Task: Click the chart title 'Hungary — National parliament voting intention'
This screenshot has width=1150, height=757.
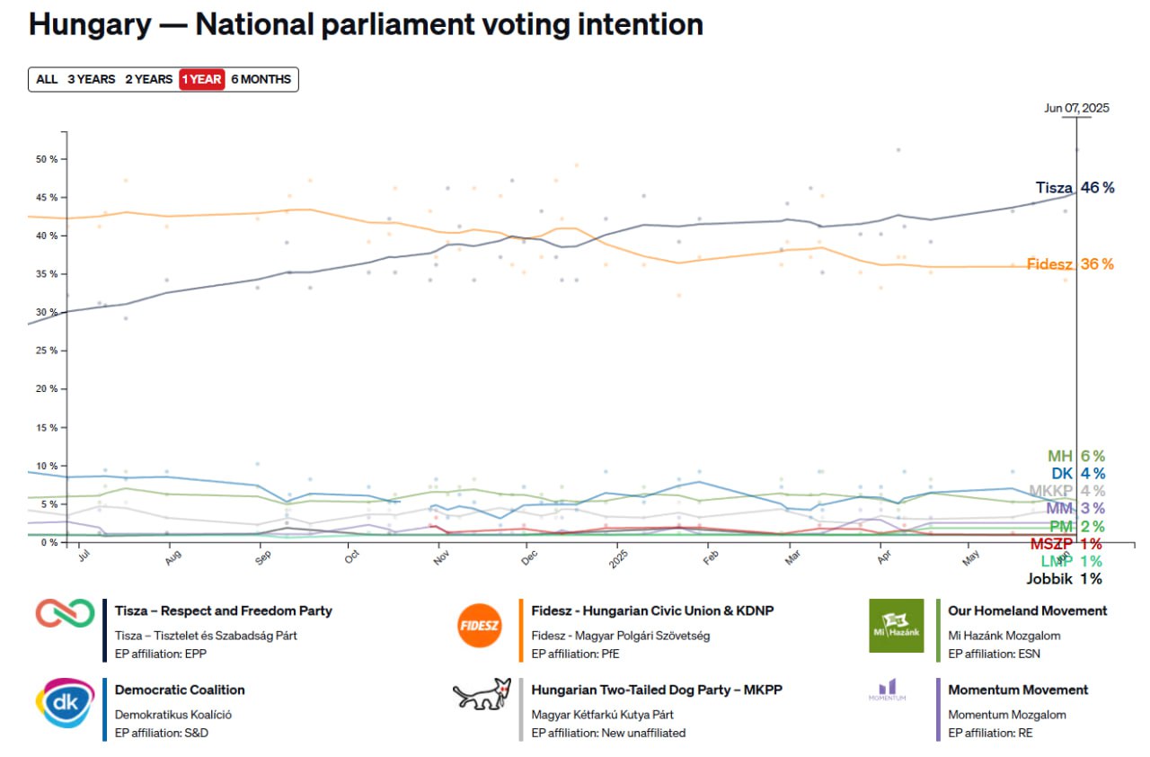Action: pyautogui.click(x=366, y=24)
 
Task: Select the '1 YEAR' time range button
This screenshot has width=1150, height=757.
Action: pyautogui.click(x=202, y=80)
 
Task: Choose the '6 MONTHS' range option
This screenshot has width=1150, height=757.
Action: pyautogui.click(x=261, y=80)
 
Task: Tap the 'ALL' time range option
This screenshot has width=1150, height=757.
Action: pyautogui.click(x=47, y=80)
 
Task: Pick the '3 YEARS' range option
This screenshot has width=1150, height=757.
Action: pyautogui.click(x=92, y=80)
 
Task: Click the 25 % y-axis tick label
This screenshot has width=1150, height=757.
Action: pyautogui.click(x=47, y=351)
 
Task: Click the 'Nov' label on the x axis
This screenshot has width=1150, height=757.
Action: pyautogui.click(x=441, y=557)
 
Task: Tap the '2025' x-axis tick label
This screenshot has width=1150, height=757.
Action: pyautogui.click(x=618, y=559)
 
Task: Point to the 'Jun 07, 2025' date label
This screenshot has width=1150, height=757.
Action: pyautogui.click(x=1076, y=109)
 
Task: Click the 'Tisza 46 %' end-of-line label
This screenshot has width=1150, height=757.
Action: pyautogui.click(x=1075, y=188)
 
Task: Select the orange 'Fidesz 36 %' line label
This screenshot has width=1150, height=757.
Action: pyautogui.click(x=1070, y=264)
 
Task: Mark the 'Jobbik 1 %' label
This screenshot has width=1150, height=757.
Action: pyautogui.click(x=1065, y=579)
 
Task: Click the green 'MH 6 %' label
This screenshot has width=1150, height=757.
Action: pyautogui.click(x=1076, y=456)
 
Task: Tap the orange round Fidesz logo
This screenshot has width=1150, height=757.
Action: pyautogui.click(x=479, y=626)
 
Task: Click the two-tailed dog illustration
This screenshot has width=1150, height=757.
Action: pyautogui.click(x=482, y=694)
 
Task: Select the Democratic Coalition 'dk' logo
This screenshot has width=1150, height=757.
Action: pyautogui.click(x=66, y=702)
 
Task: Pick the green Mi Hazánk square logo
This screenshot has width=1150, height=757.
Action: pyautogui.click(x=897, y=626)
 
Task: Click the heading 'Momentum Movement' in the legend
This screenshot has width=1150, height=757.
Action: pyautogui.click(x=1018, y=690)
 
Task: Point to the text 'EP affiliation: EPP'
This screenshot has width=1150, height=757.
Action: pyautogui.click(x=161, y=654)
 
